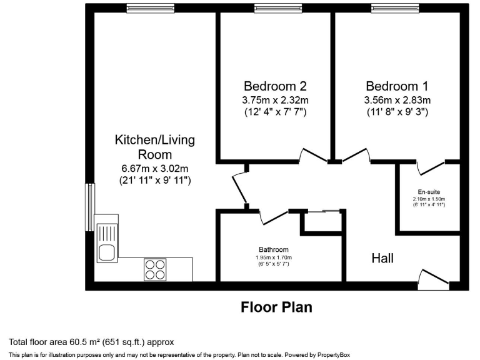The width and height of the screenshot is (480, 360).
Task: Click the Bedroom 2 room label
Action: point(276,86)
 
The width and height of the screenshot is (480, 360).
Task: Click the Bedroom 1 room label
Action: point(397,86)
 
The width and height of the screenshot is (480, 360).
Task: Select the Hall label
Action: point(382,257)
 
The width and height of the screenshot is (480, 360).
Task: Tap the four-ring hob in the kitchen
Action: point(155,269)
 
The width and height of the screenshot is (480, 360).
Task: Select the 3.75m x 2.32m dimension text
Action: point(276,100)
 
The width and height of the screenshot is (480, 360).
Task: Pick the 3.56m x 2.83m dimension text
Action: point(397,100)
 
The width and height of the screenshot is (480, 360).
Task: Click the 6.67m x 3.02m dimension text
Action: point(154,168)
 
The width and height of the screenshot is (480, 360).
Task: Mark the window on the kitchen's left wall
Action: point(90,207)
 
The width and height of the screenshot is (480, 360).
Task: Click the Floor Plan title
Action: point(276,307)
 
